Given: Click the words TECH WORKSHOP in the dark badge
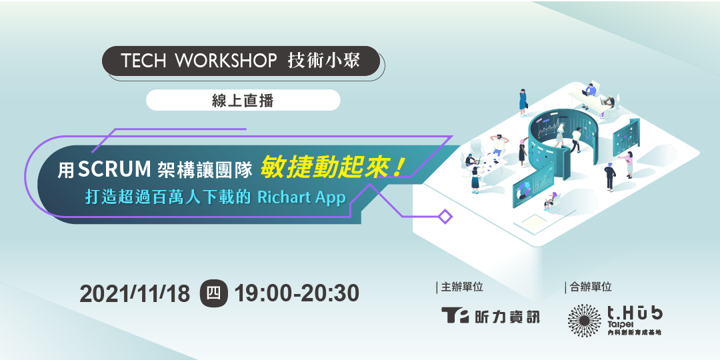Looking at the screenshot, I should [199, 61].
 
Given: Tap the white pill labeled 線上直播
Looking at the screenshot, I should [243, 100].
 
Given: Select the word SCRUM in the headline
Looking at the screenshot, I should [114, 169].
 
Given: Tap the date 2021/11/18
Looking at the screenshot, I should [135, 293].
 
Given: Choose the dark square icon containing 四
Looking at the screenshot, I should [214, 293].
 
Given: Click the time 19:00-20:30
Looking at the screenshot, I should [297, 293].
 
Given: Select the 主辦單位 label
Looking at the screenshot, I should [461, 287].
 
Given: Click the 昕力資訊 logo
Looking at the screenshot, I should [490, 316].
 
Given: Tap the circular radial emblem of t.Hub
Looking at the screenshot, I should [584, 320].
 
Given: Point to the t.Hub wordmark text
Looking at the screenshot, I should [634, 313].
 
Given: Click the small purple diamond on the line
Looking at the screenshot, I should [445, 216].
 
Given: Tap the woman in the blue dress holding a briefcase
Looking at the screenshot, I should [523, 101].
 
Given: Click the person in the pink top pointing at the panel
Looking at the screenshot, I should [629, 164].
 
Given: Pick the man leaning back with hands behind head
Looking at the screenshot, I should [497, 143].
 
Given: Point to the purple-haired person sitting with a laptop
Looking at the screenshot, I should [551, 199].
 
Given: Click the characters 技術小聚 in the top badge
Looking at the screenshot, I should [323, 61].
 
